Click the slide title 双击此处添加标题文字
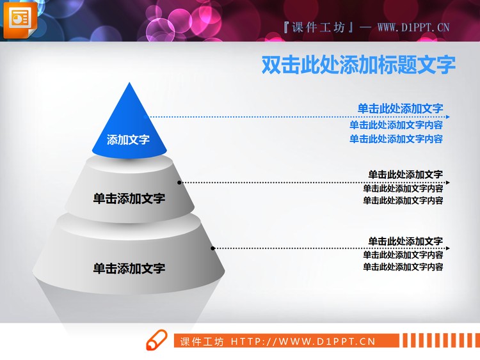358,65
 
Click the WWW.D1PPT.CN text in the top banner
413,27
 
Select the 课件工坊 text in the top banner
318,27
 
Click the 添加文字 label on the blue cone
128,139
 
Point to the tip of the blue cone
131,84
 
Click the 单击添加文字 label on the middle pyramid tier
129,198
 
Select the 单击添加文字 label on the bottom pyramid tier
129,269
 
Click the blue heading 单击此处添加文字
400,109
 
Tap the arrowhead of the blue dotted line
448,117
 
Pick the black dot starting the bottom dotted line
213,247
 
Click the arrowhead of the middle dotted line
448,182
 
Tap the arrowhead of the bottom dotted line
448,247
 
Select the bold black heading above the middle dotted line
405,174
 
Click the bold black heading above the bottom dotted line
405,241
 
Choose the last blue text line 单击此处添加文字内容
396,139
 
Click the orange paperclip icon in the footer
157,341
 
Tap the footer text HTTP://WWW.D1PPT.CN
303,341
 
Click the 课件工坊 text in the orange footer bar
202,341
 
